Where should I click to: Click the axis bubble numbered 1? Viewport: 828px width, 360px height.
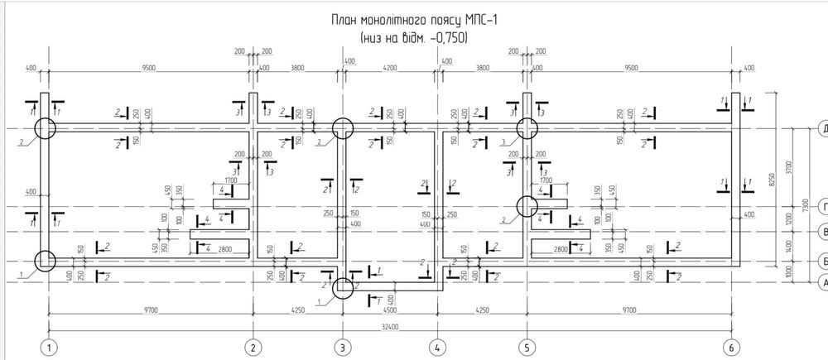(x=50, y=346)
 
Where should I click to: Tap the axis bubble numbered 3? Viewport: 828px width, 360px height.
(x=343, y=346)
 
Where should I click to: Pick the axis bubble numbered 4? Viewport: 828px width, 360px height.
(x=437, y=346)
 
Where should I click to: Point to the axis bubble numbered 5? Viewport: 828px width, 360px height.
(x=526, y=346)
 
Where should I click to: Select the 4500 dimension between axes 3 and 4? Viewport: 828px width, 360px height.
(x=389, y=312)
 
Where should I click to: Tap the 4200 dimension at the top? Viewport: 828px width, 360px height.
(x=389, y=70)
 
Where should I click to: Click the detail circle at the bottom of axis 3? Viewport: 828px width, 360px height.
(x=343, y=287)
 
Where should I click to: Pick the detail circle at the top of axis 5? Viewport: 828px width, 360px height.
(x=527, y=128)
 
